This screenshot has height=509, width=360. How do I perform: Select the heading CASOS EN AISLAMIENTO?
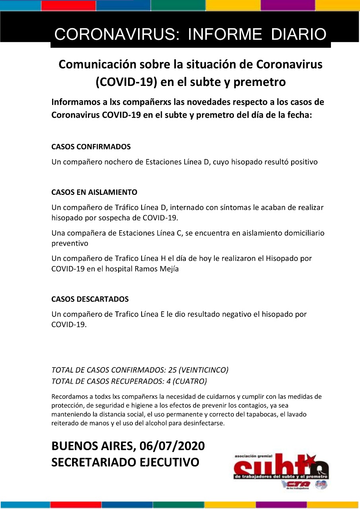click(94, 192)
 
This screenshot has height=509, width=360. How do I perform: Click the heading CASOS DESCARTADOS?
click(90, 299)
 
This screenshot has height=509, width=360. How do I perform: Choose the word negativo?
click(243, 315)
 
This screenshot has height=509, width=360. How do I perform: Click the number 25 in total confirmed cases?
click(173, 370)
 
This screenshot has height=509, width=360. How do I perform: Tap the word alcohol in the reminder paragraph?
click(146, 423)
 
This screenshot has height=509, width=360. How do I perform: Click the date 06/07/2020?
click(172, 446)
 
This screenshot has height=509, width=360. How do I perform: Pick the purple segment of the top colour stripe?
click(288, 5)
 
